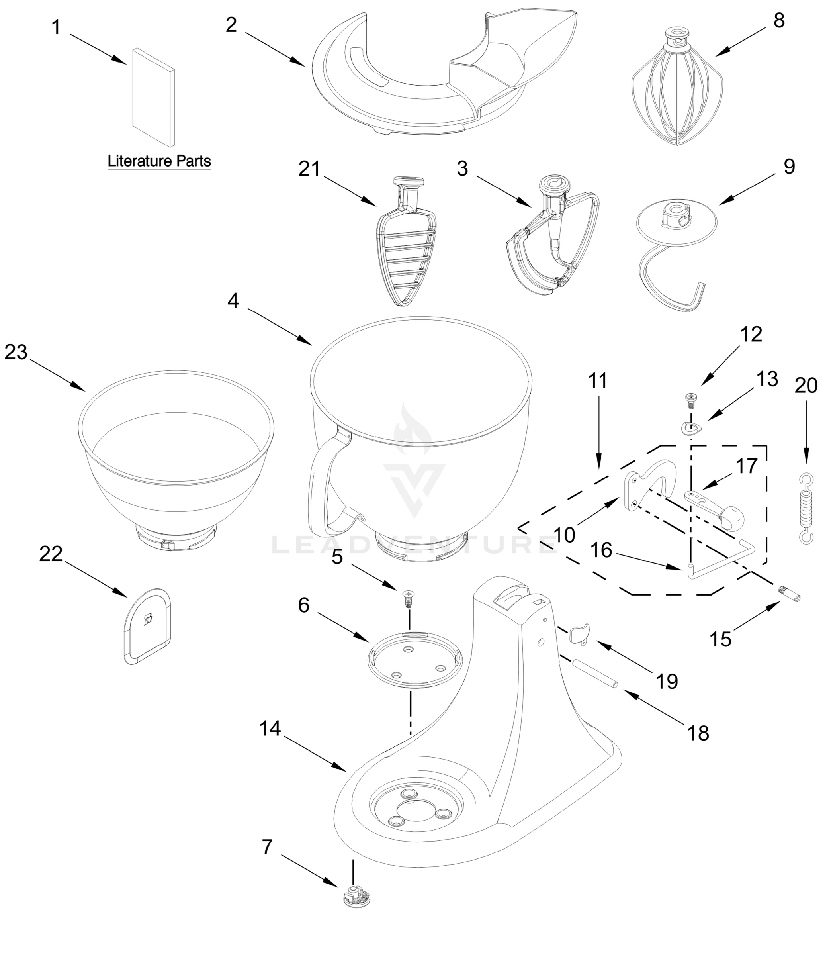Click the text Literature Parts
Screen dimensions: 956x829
pyautogui.click(x=159, y=161)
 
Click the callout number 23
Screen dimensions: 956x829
pyautogui.click(x=16, y=352)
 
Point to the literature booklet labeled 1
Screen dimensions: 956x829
pyautogui.click(x=154, y=97)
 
